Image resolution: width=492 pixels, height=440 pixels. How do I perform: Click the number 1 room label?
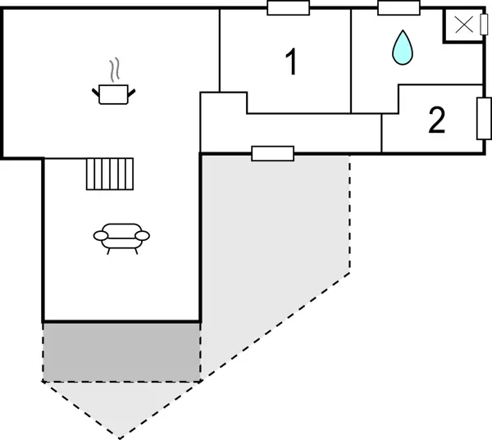pyautogui.click(x=290, y=63)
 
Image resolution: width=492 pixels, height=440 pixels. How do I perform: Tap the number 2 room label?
pyautogui.click(x=436, y=121)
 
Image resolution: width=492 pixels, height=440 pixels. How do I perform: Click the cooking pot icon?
pyautogui.click(x=115, y=94)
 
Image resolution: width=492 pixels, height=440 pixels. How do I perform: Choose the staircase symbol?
pyautogui.click(x=109, y=173)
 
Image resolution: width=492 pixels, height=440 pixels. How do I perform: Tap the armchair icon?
pyautogui.click(x=121, y=237)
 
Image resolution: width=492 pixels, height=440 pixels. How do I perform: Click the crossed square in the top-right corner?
pyautogui.click(x=463, y=25)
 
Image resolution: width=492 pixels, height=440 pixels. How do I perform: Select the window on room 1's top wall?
pyautogui.click(x=288, y=8)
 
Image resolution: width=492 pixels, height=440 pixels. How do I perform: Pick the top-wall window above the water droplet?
pyautogui.click(x=399, y=8)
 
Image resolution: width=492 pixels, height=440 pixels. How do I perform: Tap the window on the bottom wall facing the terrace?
pyautogui.click(x=272, y=153)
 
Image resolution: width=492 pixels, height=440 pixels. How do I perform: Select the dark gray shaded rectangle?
pyautogui.click(x=121, y=352)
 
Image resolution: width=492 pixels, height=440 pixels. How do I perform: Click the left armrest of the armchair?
pyautogui.click(x=101, y=236)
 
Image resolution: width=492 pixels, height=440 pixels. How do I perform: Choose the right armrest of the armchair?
pyautogui.click(x=143, y=236)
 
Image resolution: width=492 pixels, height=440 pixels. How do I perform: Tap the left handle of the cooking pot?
pyautogui.click(x=96, y=90)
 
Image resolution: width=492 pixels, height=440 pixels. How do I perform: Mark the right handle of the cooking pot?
pyautogui.click(x=133, y=90)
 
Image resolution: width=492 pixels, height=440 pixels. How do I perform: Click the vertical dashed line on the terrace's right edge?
pyautogui.click(x=350, y=213)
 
